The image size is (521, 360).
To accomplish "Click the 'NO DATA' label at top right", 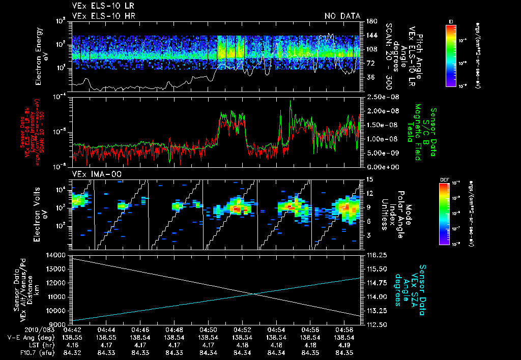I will click(342, 16).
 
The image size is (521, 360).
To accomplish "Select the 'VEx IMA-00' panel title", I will click(90, 174).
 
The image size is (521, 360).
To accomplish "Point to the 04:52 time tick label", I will click(242, 330).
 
